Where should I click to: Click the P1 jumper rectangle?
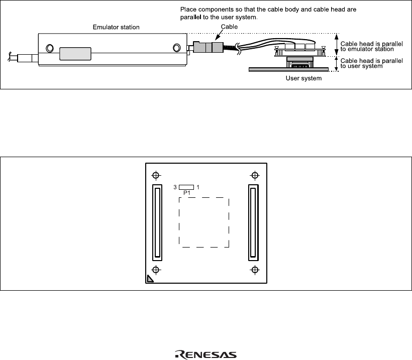click(x=186, y=187)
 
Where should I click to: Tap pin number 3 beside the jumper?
click(x=175, y=187)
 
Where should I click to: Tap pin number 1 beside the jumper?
click(x=198, y=187)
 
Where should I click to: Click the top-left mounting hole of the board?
click(x=156, y=175)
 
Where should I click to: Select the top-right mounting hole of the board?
click(x=255, y=175)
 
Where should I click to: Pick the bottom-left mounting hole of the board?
click(x=156, y=270)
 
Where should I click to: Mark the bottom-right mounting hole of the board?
click(x=255, y=270)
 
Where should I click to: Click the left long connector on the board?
click(x=157, y=222)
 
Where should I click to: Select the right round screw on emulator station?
click(x=176, y=48)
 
